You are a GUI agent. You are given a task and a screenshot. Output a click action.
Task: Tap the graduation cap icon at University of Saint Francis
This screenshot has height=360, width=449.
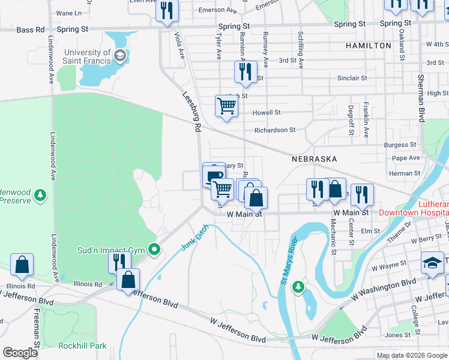click(120, 56)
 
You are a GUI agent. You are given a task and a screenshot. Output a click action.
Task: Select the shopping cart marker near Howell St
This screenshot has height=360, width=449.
click(226, 106)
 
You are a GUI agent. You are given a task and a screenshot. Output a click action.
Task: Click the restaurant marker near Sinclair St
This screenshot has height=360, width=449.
click(245, 72)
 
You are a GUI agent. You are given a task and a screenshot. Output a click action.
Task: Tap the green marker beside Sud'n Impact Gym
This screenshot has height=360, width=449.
click(154, 249)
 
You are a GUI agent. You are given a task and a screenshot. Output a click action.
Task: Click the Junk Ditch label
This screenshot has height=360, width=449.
click(193, 239)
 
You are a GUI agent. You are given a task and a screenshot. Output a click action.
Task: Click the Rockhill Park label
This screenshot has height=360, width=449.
click(82, 346)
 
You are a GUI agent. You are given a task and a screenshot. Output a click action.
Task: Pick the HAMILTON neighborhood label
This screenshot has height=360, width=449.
click(369, 46)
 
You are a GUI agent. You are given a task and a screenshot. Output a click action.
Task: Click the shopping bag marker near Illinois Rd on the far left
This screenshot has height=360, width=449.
click(22, 264)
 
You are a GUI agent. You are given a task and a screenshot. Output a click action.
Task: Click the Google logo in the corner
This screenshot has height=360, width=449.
click(20, 353)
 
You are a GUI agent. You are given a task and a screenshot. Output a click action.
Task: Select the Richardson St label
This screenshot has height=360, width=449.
click(275, 130)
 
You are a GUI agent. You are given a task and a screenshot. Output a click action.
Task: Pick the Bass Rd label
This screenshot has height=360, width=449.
click(31, 29)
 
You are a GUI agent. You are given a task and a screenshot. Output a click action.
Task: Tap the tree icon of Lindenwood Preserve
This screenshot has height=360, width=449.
click(40, 195)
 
